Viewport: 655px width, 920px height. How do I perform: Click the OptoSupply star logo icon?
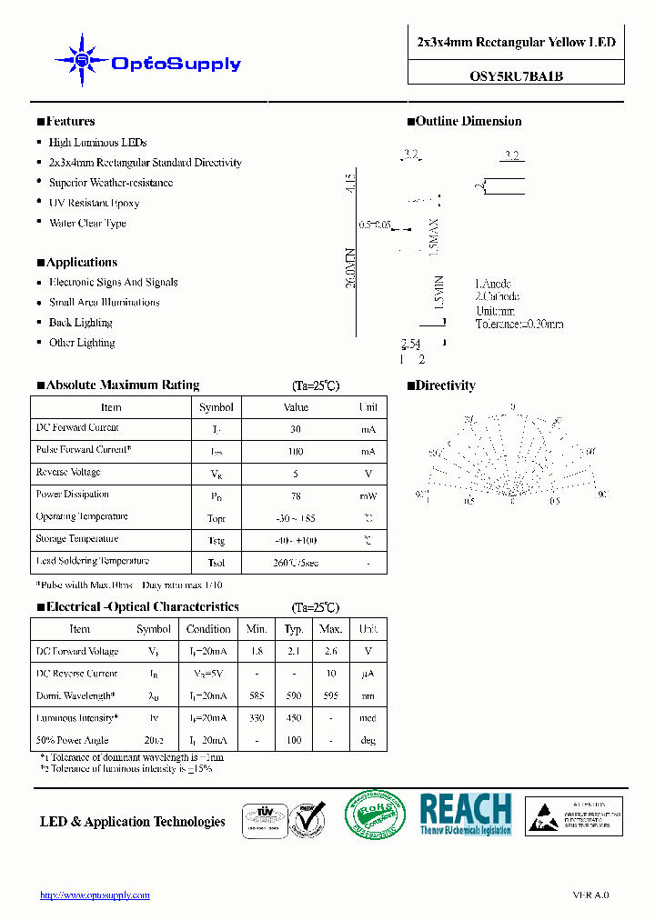click(x=82, y=60)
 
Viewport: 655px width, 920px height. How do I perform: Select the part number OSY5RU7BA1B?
click(x=516, y=76)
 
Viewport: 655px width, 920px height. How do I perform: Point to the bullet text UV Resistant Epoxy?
click(x=94, y=204)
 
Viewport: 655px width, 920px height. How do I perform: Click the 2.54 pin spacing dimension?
click(x=410, y=344)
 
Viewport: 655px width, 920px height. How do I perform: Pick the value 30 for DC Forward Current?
click(x=296, y=429)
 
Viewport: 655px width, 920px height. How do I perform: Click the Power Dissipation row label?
click(x=73, y=495)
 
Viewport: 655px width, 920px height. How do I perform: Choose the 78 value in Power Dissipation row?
click(x=296, y=496)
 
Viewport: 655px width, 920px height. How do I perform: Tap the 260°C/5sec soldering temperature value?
click(x=296, y=563)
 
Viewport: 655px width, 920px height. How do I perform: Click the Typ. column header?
click(x=294, y=629)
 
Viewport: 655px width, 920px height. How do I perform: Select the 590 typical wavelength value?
click(x=294, y=695)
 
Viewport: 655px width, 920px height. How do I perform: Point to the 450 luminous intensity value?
click(x=294, y=718)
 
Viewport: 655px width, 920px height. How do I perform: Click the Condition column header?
click(x=208, y=629)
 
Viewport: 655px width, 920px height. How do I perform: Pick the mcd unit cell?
click(x=368, y=718)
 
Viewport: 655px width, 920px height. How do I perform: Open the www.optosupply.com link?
click(x=95, y=895)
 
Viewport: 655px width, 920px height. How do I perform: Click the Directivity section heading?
click(x=445, y=385)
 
